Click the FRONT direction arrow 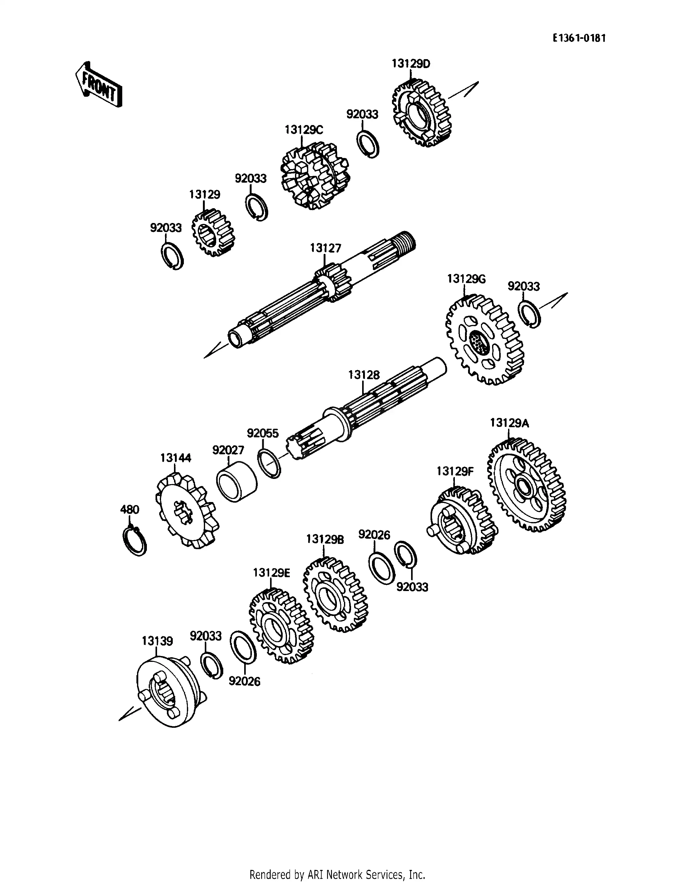coord(99,85)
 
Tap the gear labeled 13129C coord(314,177)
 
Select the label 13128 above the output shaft coord(363,375)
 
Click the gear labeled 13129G coord(484,340)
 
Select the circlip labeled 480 coord(134,541)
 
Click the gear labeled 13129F coord(462,521)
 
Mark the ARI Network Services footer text coord(337,863)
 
